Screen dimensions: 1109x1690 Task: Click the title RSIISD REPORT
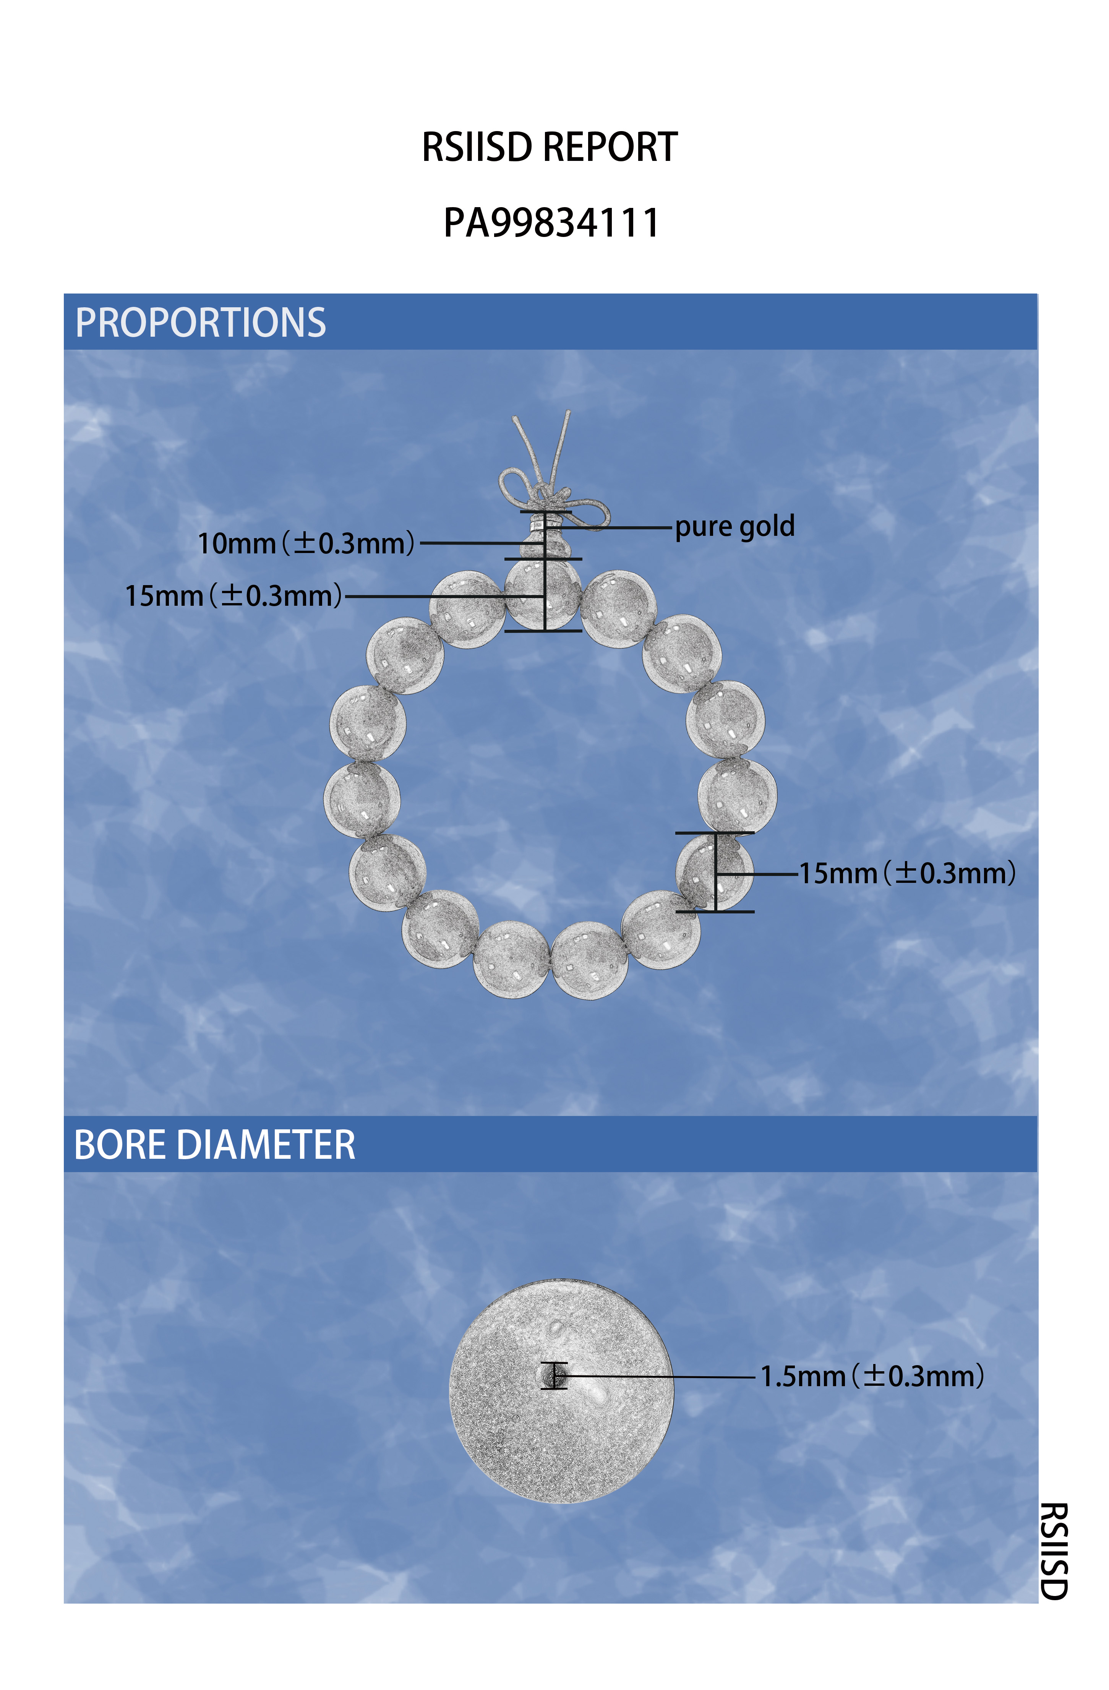(550, 147)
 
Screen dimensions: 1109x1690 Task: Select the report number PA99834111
(552, 222)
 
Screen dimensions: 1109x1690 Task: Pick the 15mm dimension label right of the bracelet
(907, 873)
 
